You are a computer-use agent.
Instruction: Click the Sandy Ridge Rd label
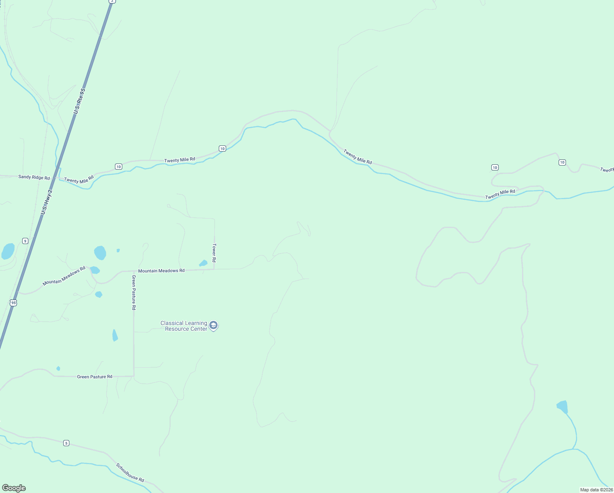click(x=34, y=177)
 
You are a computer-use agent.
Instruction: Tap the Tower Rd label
click(x=214, y=253)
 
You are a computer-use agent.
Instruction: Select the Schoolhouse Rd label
click(x=130, y=473)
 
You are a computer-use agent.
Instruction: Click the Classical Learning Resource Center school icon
click(x=213, y=326)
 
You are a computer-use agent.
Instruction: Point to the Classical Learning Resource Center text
click(x=184, y=326)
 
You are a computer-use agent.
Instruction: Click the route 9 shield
click(x=25, y=241)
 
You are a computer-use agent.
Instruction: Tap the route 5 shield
click(x=66, y=443)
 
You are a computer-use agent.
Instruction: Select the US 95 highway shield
click(x=14, y=303)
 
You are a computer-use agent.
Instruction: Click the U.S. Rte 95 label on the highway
click(x=79, y=101)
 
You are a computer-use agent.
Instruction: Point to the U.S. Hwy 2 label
click(x=47, y=202)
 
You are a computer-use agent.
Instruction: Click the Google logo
click(x=14, y=488)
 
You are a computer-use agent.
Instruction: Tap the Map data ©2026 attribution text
click(x=596, y=490)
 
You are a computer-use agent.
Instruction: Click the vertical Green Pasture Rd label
click(x=134, y=292)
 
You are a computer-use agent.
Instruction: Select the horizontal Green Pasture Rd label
click(x=94, y=377)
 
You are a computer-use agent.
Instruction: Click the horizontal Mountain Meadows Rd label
click(x=161, y=271)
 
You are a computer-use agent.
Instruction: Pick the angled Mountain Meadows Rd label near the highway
click(x=64, y=276)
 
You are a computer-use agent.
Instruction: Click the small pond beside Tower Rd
click(x=203, y=263)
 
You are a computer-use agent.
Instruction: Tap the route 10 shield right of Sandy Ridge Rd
click(x=119, y=166)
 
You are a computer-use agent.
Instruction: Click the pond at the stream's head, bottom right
click(x=563, y=407)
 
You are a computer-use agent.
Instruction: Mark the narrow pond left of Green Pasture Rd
click(x=115, y=336)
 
